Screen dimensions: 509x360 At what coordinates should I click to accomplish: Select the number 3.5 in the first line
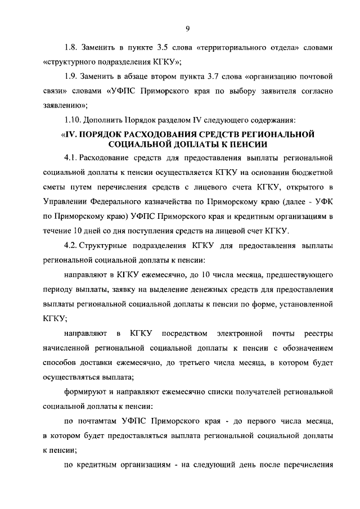click(170, 48)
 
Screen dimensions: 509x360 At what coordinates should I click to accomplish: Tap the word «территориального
click(239, 48)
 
